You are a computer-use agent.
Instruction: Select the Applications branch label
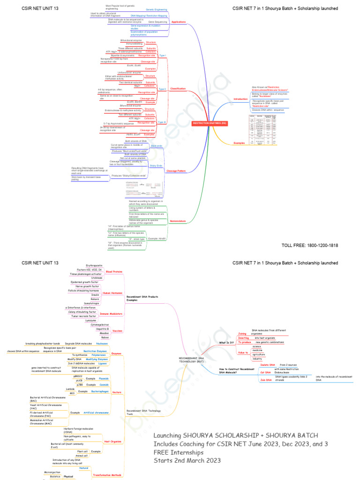point(179,22)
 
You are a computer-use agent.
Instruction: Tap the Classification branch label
point(178,89)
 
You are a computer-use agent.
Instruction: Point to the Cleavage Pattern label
point(176,171)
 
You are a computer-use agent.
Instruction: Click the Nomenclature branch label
point(178,221)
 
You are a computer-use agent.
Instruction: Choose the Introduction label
point(240,99)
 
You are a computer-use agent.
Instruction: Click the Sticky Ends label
point(156,165)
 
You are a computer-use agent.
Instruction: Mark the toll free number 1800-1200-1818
point(309,245)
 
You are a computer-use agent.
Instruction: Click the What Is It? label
point(226,343)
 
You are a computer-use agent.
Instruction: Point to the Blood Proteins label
point(114,271)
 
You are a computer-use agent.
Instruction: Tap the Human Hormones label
point(112,292)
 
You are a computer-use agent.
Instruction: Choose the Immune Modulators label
point(111,314)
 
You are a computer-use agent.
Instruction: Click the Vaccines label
point(117,330)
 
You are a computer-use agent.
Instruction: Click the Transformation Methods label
point(108,475)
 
